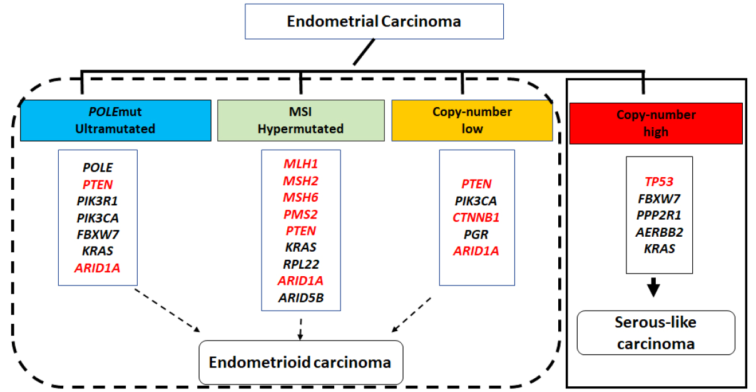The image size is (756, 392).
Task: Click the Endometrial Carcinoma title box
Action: pos(374,22)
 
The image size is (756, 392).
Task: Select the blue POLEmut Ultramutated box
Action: pos(116,120)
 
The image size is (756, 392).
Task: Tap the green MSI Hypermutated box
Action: pos(301,120)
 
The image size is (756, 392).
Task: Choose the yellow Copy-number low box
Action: pos(472,120)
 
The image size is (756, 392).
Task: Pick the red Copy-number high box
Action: pos(656,123)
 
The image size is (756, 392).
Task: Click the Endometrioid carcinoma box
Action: pos(301,363)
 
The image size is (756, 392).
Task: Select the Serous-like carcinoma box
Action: pos(656,333)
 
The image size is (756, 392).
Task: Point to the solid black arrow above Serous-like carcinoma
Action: pos(654,287)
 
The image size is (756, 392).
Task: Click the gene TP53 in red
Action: pos(659,182)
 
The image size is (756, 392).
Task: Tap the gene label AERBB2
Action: pos(659,232)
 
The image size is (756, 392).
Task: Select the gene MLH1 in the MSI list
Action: pos(301,164)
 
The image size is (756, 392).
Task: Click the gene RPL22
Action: pos(301,264)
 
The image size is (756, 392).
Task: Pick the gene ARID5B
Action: pos(301,298)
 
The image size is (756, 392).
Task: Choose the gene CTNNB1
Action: pos(476,217)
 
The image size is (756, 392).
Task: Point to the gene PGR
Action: pos(476,234)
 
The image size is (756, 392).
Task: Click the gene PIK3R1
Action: pos(98,201)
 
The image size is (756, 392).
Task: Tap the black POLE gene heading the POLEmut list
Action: pos(98,167)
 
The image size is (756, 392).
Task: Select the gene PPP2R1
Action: pos(659,215)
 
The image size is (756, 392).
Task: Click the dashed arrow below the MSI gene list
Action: pos(300,329)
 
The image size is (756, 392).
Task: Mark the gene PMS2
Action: pos(301,214)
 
